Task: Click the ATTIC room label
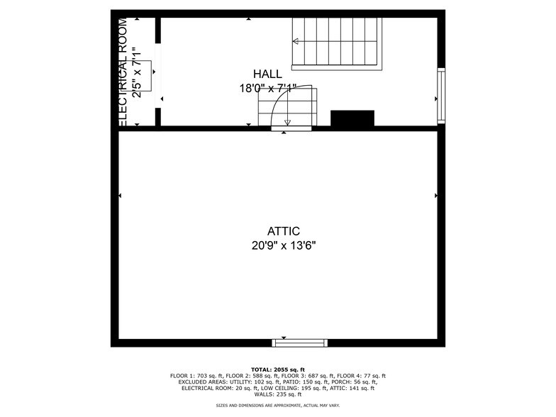coord(283,231)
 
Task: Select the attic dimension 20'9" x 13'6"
coord(283,245)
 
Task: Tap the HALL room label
coord(267,74)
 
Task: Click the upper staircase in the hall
coord(338,43)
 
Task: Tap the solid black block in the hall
coord(352,118)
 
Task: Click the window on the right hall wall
coord(441,94)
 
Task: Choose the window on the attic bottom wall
coord(300,343)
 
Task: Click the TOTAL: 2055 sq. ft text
coord(278,369)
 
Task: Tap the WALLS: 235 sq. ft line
coord(278,394)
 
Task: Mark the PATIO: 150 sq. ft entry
coord(293,382)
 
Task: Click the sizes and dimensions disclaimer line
coord(278,406)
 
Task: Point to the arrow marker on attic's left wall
coord(120,196)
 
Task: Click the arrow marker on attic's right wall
coord(435,196)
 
